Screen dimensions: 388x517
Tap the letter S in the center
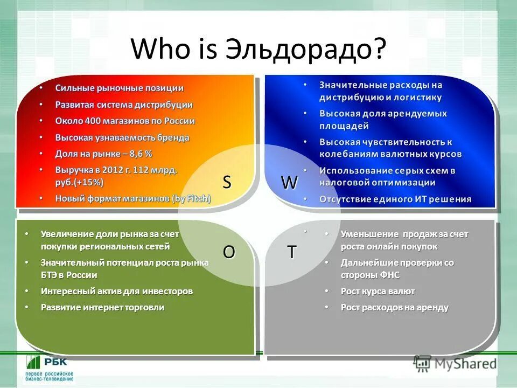click(227, 183)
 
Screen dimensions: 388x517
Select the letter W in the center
click(289, 183)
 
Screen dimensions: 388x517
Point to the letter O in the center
click(229, 252)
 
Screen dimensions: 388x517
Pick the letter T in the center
click(291, 252)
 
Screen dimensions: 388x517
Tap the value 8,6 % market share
click(142, 154)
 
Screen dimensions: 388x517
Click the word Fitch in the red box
click(195, 198)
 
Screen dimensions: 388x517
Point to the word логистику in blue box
click(417, 98)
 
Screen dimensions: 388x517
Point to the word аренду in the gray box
click(431, 307)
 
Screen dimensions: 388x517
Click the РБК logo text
click(55, 363)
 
